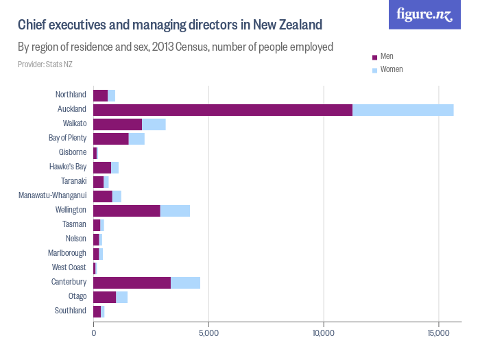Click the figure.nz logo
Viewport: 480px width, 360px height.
(424, 14)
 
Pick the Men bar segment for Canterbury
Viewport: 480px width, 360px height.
(132, 283)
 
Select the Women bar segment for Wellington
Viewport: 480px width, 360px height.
(175, 211)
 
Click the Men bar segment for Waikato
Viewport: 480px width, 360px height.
(117, 124)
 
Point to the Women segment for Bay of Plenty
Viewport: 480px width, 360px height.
(136, 139)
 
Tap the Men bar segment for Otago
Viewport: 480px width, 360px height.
(104, 297)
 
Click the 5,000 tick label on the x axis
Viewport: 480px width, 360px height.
(208, 333)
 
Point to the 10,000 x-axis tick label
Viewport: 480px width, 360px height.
(323, 333)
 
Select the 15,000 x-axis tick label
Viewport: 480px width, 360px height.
(438, 333)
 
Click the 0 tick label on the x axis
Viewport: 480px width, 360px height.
(94, 333)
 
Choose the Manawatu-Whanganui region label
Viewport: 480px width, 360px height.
(52, 195)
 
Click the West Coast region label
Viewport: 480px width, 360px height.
(69, 267)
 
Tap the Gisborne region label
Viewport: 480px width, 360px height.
(72, 152)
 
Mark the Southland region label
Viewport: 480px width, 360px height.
(71, 311)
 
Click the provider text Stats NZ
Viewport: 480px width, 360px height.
(45, 64)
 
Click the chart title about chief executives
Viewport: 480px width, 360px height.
(169, 25)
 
